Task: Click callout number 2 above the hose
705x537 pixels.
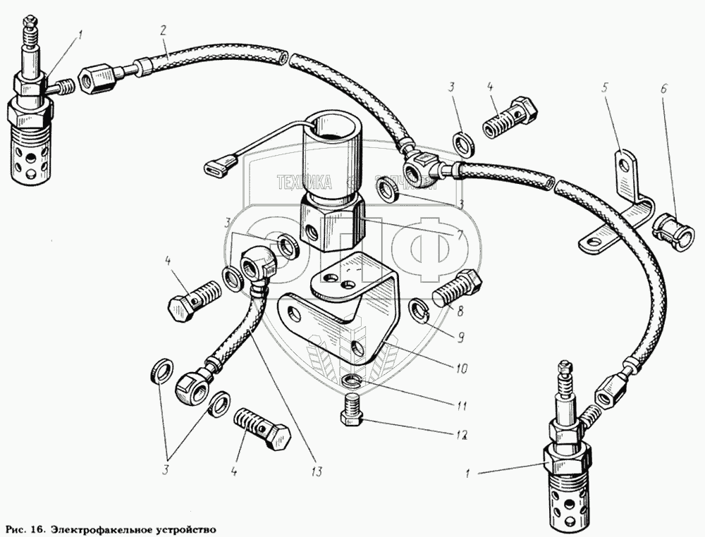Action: click(x=163, y=31)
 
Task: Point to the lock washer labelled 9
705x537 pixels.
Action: click(x=419, y=309)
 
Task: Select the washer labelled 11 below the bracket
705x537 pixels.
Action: click(x=350, y=383)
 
